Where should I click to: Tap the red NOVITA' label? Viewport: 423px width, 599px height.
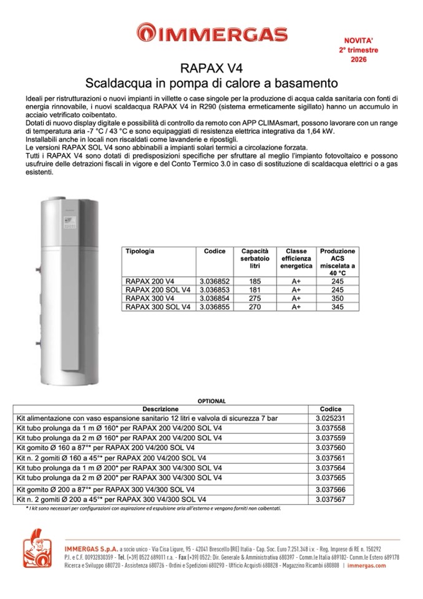pyautogui.click(x=358, y=39)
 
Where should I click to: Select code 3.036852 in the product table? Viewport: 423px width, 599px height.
pyautogui.click(x=214, y=282)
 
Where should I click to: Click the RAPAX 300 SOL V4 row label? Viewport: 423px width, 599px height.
pyautogui.click(x=158, y=307)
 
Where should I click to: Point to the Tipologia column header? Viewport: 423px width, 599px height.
pyautogui.click(x=140, y=251)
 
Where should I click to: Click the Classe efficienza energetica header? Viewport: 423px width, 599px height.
pyautogui.click(x=296, y=259)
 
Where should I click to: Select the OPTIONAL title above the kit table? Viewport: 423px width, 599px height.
pyautogui.click(x=211, y=401)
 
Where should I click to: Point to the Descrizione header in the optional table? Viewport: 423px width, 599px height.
pyautogui.click(x=160, y=408)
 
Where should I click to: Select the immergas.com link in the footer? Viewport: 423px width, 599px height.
pyautogui.click(x=367, y=565)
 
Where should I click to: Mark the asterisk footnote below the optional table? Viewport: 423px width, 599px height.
pyautogui.click(x=153, y=509)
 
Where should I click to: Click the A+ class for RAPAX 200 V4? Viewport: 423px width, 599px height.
pyautogui.click(x=296, y=282)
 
